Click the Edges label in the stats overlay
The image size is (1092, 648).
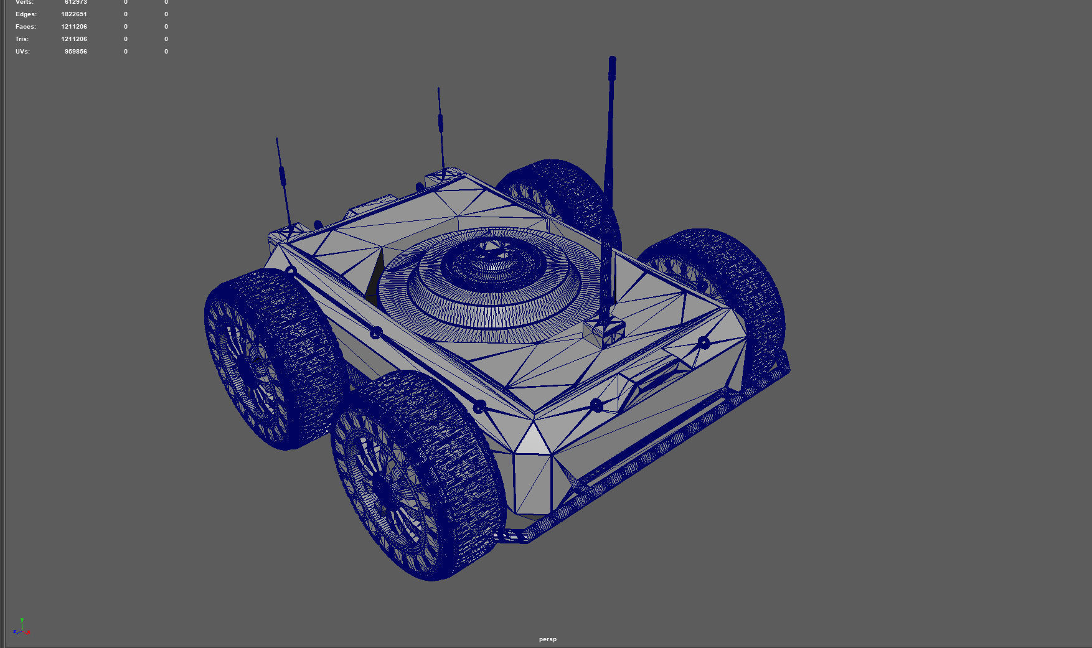point(26,14)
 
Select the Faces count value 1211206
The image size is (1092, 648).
point(74,27)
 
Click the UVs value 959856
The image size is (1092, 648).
point(76,52)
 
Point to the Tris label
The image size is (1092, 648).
point(22,39)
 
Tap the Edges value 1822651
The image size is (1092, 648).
point(74,14)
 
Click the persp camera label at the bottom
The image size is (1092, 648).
point(548,639)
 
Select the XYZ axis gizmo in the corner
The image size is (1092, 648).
point(21,627)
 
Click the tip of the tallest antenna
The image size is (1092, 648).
point(613,60)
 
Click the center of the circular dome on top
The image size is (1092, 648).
point(492,261)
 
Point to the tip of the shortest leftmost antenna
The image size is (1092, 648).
point(276,139)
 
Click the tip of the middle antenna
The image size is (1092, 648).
point(438,88)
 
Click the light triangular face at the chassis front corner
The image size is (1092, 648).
point(533,439)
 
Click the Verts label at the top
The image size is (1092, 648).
point(24,2)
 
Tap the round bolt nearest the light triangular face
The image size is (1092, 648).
point(479,407)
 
